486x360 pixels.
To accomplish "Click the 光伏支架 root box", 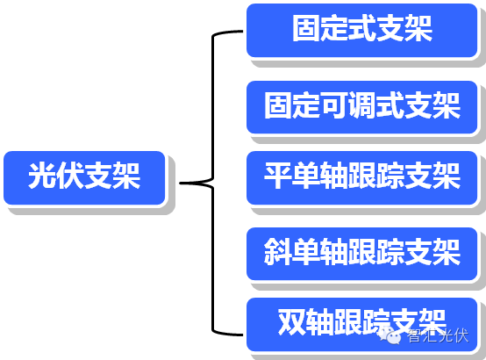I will pyautogui.click(x=84, y=178).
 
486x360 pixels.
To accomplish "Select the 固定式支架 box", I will pyautogui.click(x=362, y=30).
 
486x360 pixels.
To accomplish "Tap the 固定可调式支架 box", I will pyautogui.click(x=362, y=106).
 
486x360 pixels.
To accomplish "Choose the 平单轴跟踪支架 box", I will pyautogui.click(x=362, y=178).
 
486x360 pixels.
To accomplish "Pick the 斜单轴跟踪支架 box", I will pyautogui.click(x=362, y=253).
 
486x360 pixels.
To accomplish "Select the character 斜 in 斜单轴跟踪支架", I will pyautogui.click(x=278, y=253).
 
